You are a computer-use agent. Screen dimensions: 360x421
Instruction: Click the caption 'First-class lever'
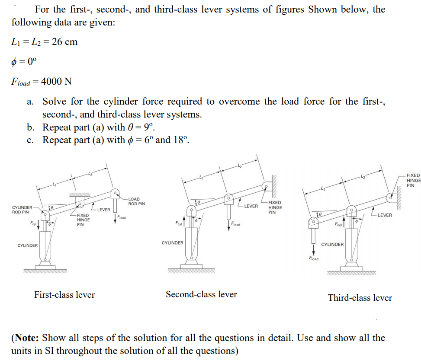point(64,295)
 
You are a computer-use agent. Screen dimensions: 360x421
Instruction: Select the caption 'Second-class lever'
point(201,294)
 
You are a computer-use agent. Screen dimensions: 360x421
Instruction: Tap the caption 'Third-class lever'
point(360,298)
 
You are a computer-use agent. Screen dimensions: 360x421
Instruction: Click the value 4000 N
point(55,81)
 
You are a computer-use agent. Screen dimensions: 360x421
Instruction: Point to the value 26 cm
point(64,42)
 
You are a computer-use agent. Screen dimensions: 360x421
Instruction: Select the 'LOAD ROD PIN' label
point(137,201)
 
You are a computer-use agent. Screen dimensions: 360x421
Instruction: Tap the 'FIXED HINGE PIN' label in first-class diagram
point(80,220)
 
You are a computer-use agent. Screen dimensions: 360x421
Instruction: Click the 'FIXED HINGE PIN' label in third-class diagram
point(413,180)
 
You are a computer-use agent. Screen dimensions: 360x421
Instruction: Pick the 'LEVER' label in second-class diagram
point(251,206)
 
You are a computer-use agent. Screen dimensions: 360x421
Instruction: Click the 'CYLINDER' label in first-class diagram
point(27,245)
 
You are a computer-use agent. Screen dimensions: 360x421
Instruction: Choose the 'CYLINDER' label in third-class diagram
point(332,245)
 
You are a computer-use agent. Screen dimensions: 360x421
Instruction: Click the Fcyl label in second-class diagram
point(177,224)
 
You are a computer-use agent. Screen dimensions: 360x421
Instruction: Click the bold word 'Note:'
point(26,338)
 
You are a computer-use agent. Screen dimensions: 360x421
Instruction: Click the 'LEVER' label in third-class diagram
point(384,215)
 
